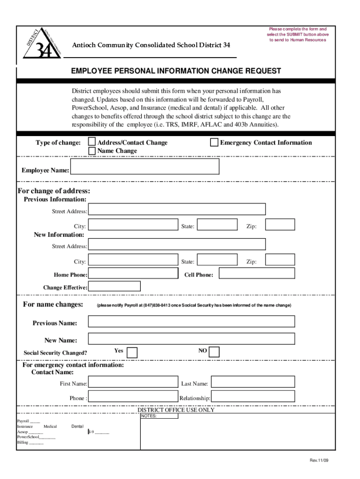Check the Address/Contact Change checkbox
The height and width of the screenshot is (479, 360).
tap(92, 142)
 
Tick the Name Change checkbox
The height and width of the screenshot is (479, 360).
tap(92, 150)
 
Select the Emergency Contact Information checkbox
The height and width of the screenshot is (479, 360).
tap(214, 142)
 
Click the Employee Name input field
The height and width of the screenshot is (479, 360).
tap(145, 167)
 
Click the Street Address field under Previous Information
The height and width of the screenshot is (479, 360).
tap(177, 209)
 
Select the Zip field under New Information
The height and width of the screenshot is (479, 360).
tap(280, 260)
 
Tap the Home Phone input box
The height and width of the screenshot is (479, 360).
tap(133, 273)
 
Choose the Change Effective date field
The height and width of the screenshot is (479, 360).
tap(114, 286)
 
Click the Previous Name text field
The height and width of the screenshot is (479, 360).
tap(191, 321)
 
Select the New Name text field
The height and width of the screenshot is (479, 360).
tap(191, 339)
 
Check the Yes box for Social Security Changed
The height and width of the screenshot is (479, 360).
tap(132, 352)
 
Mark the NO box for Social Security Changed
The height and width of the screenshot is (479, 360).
tap(214, 352)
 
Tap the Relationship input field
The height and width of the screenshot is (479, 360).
tap(252, 396)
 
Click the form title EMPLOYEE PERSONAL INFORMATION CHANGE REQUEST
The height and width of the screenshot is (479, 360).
tap(176, 71)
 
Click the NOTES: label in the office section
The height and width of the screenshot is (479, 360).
tap(149, 416)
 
